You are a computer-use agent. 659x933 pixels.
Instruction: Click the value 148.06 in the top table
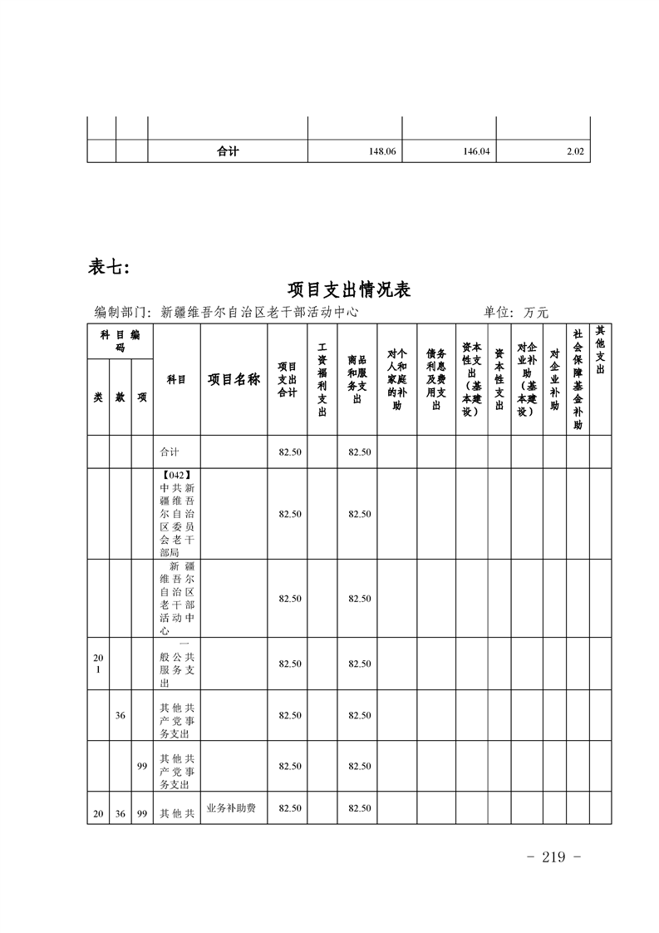382,152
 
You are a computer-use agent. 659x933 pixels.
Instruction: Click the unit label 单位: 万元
516,313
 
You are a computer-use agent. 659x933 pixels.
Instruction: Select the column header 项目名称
234,379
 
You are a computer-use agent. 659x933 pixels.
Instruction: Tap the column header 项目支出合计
288,379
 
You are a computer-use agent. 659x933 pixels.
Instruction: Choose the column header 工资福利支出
322,379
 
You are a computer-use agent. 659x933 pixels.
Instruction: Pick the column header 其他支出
601,343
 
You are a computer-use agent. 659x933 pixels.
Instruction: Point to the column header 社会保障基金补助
578,379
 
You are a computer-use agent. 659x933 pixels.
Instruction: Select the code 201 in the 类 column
98,664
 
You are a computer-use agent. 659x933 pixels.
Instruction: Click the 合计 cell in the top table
228,152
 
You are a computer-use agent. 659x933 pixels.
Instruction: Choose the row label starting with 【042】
177,513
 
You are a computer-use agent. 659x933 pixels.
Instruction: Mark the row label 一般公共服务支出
177,664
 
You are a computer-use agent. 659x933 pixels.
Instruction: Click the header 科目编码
120,341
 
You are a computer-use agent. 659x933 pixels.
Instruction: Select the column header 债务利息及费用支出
436,379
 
